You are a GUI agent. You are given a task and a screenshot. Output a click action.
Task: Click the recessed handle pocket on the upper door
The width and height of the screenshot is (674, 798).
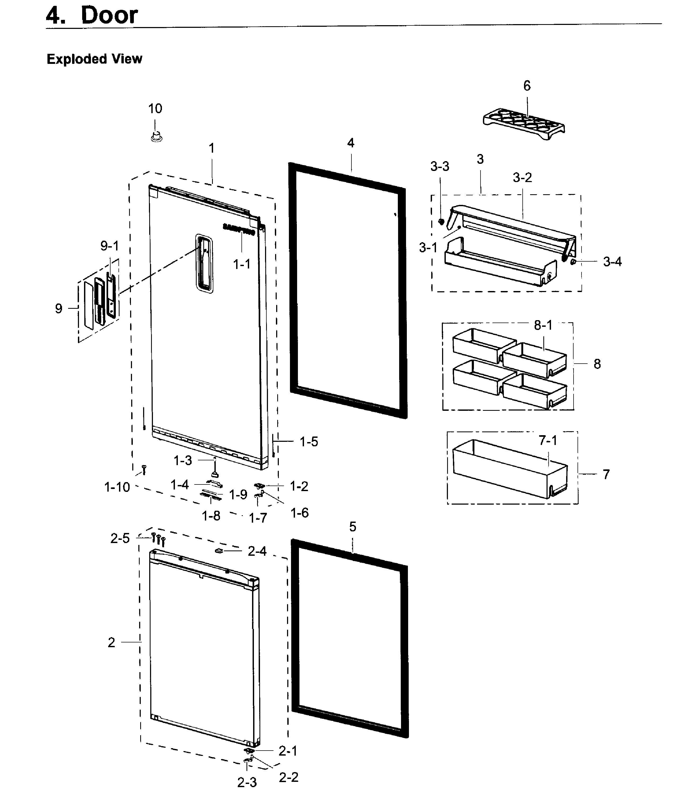(x=204, y=264)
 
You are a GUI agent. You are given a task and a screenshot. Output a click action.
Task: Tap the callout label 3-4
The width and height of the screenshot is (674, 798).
(x=612, y=262)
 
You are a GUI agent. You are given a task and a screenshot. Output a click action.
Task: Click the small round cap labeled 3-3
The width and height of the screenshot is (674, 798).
(x=441, y=222)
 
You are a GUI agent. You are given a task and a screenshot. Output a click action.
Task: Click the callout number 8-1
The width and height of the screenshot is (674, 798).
(x=543, y=325)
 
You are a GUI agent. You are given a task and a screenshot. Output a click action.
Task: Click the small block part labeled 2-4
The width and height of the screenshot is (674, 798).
(x=219, y=550)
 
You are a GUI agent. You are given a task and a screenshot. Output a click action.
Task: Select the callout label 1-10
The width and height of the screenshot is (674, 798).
(x=117, y=487)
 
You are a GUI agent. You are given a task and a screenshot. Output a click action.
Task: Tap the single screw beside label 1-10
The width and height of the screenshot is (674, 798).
(x=144, y=469)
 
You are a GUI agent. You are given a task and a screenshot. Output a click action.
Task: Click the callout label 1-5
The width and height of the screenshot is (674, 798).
(x=309, y=442)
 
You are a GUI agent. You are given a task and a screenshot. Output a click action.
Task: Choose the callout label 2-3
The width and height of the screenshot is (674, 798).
(x=247, y=783)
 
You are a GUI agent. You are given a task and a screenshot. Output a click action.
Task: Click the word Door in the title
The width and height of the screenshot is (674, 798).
(x=109, y=15)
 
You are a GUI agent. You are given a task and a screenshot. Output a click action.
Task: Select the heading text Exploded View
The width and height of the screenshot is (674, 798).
(x=94, y=59)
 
